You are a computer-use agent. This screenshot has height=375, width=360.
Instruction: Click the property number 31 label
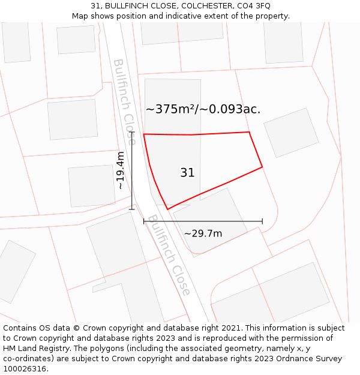(x=187, y=173)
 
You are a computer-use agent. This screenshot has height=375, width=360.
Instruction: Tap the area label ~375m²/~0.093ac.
(x=203, y=109)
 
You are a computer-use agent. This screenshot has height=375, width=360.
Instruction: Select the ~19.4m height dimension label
(x=121, y=171)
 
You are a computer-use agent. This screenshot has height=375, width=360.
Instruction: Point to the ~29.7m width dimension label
(x=203, y=233)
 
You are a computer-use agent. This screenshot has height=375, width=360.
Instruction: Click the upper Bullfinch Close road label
(x=124, y=101)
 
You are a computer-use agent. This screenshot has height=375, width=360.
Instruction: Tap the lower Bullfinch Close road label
(x=170, y=255)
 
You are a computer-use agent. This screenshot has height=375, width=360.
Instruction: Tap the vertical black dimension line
(x=132, y=171)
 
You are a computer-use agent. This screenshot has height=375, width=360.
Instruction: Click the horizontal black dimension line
(x=203, y=221)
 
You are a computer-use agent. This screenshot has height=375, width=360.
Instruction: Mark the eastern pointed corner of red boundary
(x=262, y=167)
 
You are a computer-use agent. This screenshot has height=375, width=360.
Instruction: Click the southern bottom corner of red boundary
(x=167, y=209)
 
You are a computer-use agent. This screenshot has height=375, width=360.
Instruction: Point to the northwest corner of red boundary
(x=144, y=134)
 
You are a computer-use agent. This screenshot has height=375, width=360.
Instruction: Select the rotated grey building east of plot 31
(x=291, y=133)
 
